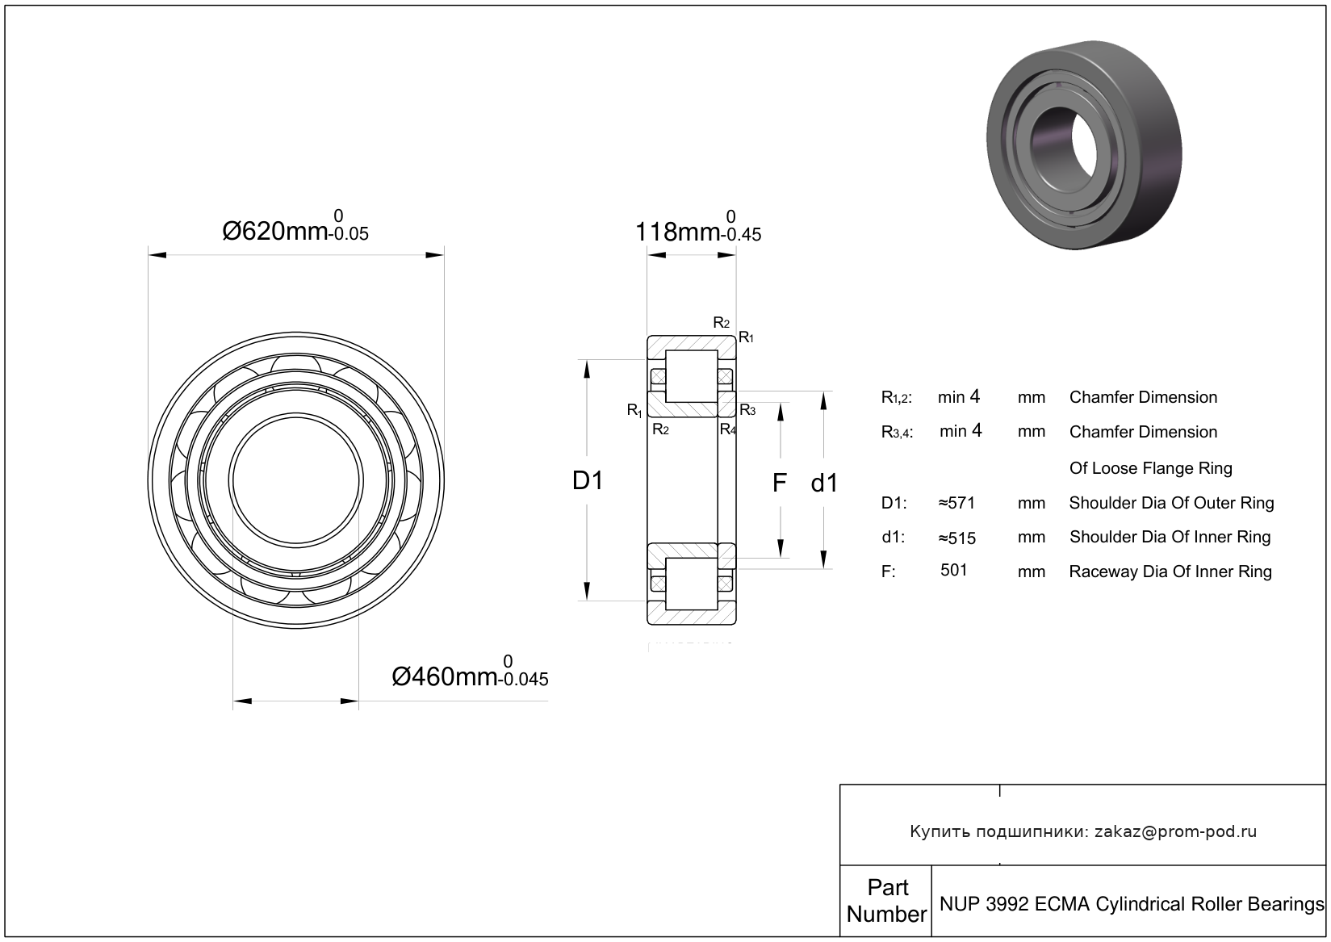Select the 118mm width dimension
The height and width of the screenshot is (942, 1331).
coord(676,232)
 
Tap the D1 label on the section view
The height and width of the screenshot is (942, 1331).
coord(588,481)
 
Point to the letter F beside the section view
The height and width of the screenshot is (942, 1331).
coord(779,483)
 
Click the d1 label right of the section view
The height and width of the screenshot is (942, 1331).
coord(824,484)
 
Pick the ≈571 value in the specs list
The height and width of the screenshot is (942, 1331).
coord(956,503)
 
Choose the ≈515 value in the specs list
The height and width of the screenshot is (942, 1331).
coord(956,538)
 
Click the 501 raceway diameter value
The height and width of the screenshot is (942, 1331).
coord(954,570)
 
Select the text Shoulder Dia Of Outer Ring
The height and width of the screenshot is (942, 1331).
coord(1171,503)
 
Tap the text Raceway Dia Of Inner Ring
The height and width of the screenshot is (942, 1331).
coord(1170,571)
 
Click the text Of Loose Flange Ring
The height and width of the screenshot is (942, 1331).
coord(1150,468)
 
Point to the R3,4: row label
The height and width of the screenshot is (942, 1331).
coord(897,433)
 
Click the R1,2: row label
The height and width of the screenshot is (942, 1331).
coord(897,398)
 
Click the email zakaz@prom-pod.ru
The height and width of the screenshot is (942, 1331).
coord(1175,831)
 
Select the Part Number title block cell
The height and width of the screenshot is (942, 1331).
coord(886,901)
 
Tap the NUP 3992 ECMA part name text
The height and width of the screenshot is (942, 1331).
coord(1130,903)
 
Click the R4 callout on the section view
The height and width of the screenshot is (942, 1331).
coord(728,429)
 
